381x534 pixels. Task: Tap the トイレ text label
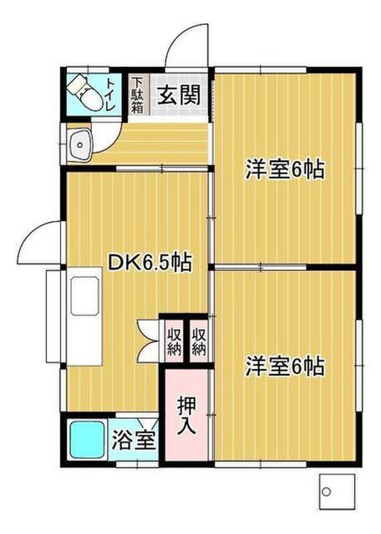point(110,94)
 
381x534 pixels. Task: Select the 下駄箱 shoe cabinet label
point(138,95)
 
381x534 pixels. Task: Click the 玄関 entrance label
point(179,94)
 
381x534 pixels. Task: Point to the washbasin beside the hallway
point(80,144)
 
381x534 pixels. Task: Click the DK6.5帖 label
point(150,263)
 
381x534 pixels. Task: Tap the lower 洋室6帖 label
point(285,365)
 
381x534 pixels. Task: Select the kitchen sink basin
point(85,295)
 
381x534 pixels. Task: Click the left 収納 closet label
point(174,341)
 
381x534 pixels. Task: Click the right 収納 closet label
point(199,341)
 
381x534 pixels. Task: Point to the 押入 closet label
point(186,416)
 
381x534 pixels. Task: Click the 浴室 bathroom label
point(134,440)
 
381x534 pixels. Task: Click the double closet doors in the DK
point(149,340)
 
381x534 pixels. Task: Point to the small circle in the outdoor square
point(326,491)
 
